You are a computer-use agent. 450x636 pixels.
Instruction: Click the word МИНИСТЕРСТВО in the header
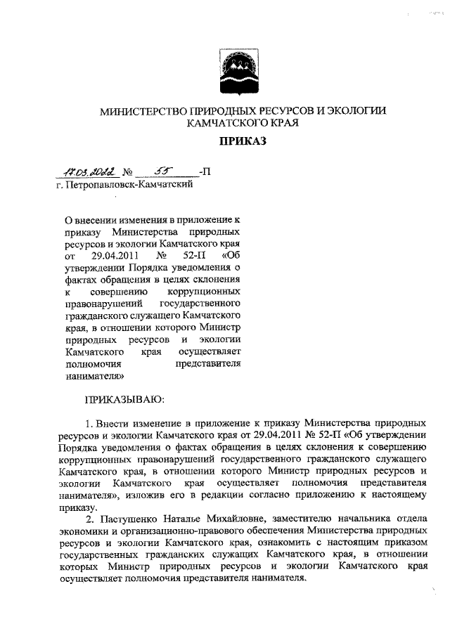140,112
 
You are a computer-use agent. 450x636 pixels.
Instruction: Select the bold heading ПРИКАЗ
243,142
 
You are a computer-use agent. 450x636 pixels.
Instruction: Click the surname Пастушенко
130,520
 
